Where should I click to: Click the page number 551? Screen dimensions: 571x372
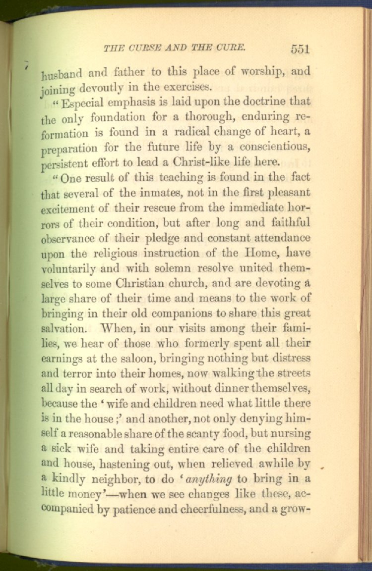[300, 49]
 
